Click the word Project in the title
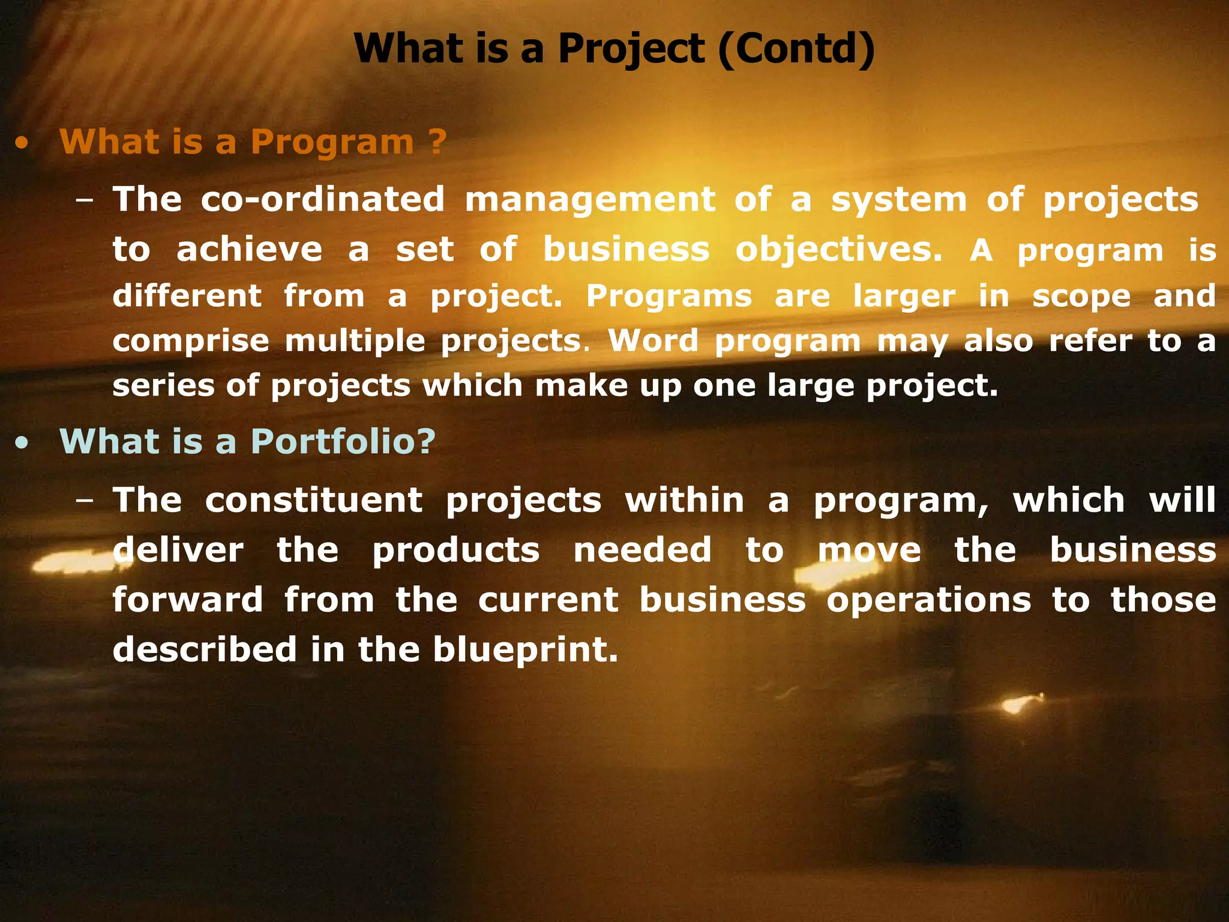[x=631, y=49]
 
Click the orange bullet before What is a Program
[x=22, y=144]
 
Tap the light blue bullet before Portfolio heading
[x=22, y=444]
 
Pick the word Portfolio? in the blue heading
[x=343, y=442]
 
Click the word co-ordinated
[x=322, y=200]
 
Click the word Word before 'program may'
[x=654, y=340]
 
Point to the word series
[x=163, y=385]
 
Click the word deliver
[x=178, y=550]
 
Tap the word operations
[x=928, y=600]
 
